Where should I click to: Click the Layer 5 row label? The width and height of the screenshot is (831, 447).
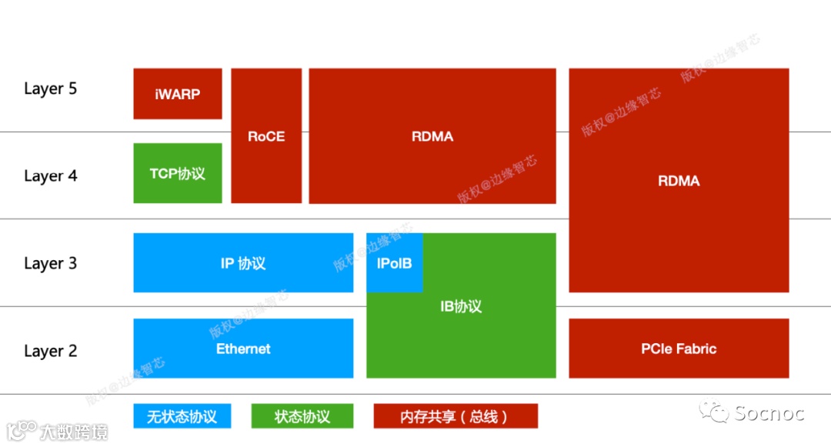pos(51,88)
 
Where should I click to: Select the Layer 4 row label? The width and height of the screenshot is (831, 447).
pos(51,176)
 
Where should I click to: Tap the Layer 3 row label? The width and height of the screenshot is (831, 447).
pos(51,264)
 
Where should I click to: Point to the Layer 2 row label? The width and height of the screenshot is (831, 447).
pos(51,352)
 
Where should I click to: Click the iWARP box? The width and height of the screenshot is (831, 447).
pos(177,94)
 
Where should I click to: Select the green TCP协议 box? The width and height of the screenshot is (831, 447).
pos(177,173)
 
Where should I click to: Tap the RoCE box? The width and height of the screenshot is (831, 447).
pos(266,136)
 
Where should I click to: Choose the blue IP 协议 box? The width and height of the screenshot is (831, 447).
pos(243,263)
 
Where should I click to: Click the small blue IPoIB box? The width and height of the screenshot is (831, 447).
pos(394,264)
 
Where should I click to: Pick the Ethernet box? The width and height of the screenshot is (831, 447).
pos(243,349)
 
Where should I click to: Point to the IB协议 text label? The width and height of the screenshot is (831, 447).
pos(461,306)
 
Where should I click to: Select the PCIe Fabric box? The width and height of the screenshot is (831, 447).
pos(679,349)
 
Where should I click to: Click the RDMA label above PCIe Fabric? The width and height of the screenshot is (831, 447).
pos(679,181)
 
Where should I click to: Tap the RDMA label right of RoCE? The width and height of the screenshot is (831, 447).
pos(432,136)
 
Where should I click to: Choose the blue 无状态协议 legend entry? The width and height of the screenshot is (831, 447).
pos(182,416)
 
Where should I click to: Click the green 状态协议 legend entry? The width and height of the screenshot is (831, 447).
pos(302,416)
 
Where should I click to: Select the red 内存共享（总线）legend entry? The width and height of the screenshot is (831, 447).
pos(455,416)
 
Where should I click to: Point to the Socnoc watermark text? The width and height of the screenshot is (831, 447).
pos(769,413)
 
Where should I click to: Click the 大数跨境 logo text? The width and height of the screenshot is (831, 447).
pos(75,432)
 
